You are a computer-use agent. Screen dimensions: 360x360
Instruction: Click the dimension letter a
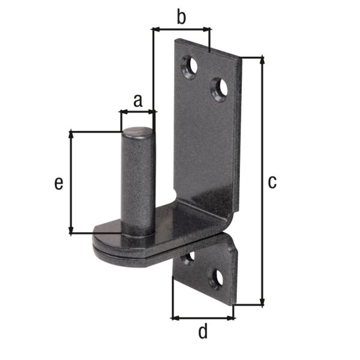pos(137,100)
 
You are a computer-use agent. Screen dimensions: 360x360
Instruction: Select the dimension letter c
pos(272,181)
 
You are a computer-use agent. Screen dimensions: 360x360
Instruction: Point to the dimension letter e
pos(58,183)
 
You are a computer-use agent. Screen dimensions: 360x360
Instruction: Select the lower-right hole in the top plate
pos(219,89)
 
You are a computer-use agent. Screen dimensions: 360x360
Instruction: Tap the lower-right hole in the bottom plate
pos(216,278)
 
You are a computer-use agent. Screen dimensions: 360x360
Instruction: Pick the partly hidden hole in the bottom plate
pos(188,259)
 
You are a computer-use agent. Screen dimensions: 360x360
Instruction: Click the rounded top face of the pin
pos(138,131)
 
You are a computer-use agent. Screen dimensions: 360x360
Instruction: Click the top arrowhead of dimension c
pos(262,61)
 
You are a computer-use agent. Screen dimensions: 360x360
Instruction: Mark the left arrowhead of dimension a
pos(124,111)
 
